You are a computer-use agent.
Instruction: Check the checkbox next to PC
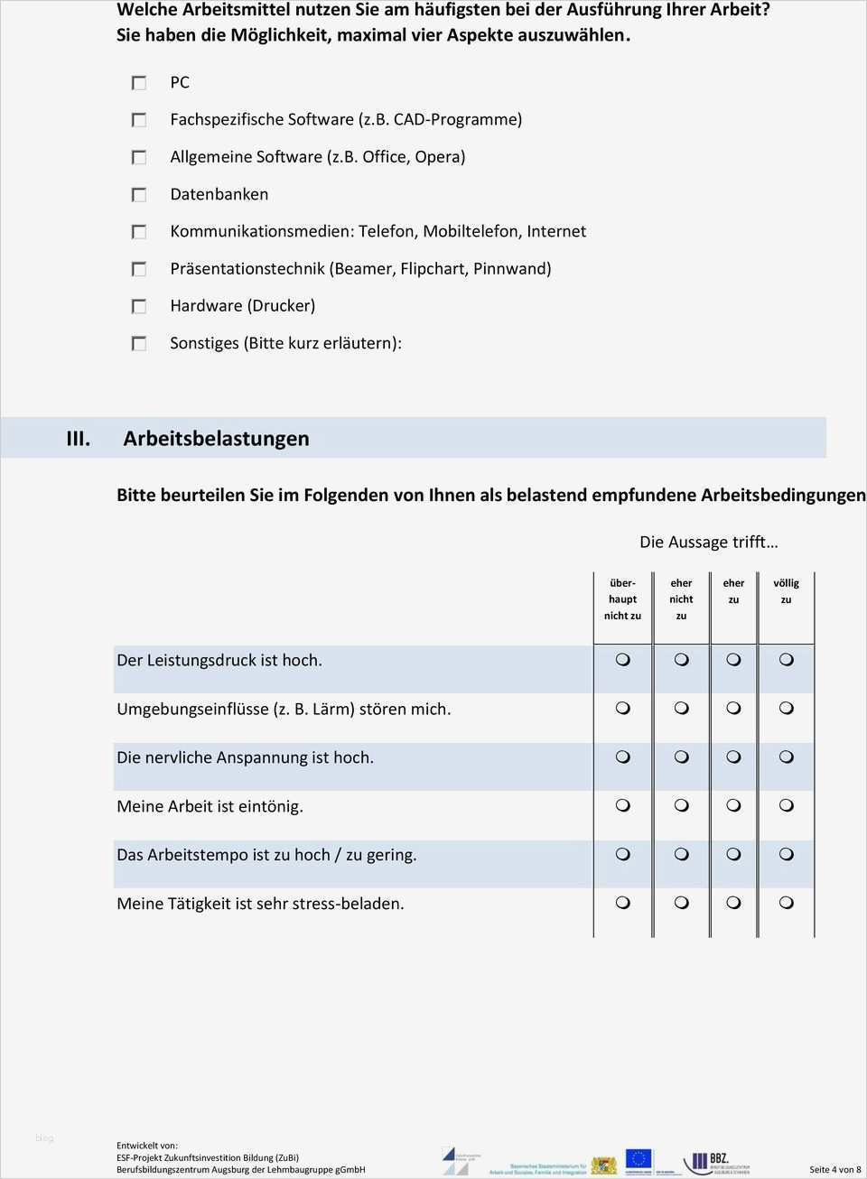click(x=139, y=83)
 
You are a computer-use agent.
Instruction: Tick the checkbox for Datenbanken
click(x=139, y=195)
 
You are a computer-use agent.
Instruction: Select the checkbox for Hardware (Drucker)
click(x=139, y=307)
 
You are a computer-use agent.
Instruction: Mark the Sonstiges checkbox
click(x=139, y=344)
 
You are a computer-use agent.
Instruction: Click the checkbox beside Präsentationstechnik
click(x=139, y=269)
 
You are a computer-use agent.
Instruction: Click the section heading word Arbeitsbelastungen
click(x=216, y=439)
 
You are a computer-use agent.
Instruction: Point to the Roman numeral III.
click(x=79, y=439)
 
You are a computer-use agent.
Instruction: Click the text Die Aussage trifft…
click(x=708, y=542)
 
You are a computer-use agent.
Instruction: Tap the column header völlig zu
click(x=786, y=591)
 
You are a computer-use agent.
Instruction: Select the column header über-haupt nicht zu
click(x=622, y=599)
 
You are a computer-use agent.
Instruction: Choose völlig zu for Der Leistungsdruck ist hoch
click(x=786, y=661)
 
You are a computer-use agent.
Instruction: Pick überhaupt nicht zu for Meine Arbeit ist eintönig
click(x=622, y=806)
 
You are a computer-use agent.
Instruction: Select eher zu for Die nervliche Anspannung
click(x=733, y=757)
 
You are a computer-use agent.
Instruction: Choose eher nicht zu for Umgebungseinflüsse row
click(x=681, y=710)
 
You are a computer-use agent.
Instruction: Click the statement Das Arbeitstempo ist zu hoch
click(x=266, y=855)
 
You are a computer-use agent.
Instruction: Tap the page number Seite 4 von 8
click(x=834, y=1169)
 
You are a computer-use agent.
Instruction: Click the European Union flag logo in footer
click(x=639, y=1159)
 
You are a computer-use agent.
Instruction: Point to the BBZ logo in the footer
click(x=716, y=1162)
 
